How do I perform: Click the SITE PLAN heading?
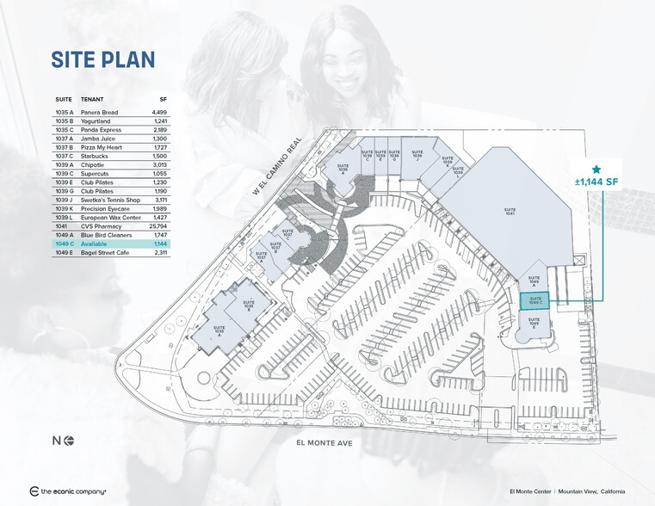102,59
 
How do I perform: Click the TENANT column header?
92,99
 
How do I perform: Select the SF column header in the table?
163,99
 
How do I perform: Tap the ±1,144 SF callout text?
597,183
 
